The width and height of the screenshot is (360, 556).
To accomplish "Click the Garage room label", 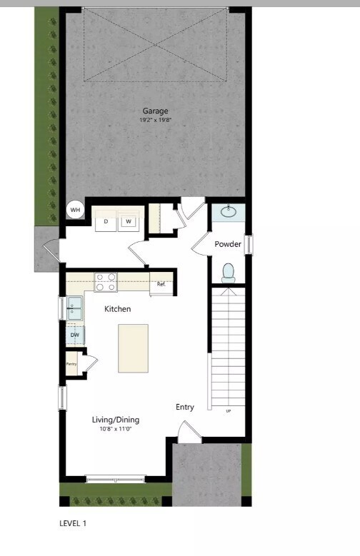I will click(x=155, y=111).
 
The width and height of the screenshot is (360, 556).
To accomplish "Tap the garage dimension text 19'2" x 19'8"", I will click(x=155, y=120).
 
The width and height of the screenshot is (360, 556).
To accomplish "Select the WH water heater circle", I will click(x=75, y=210).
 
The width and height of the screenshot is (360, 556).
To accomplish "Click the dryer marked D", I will click(x=106, y=221).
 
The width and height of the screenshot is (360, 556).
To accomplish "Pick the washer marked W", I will click(x=129, y=221).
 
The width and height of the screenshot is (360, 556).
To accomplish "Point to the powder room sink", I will click(x=229, y=212).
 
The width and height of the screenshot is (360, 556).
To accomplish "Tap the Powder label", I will click(x=229, y=244).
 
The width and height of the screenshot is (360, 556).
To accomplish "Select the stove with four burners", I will click(x=106, y=282).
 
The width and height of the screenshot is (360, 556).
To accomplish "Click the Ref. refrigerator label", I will click(x=161, y=284).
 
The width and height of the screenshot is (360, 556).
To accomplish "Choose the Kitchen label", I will click(x=118, y=309).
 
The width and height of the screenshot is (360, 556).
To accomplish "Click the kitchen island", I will click(x=134, y=348).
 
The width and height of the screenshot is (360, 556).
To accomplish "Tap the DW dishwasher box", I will click(x=74, y=334).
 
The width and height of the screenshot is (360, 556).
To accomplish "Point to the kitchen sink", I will click(x=74, y=308).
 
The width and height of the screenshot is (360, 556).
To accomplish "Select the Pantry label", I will click(x=71, y=364).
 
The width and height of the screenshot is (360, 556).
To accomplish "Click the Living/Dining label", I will click(x=116, y=420).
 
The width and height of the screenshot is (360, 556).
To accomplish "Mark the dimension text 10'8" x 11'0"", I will click(x=116, y=429).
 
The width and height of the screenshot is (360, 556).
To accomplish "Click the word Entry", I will click(x=185, y=408).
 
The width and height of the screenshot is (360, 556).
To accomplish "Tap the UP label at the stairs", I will click(x=229, y=411).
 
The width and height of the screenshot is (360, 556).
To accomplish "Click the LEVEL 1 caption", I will click(x=72, y=523).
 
